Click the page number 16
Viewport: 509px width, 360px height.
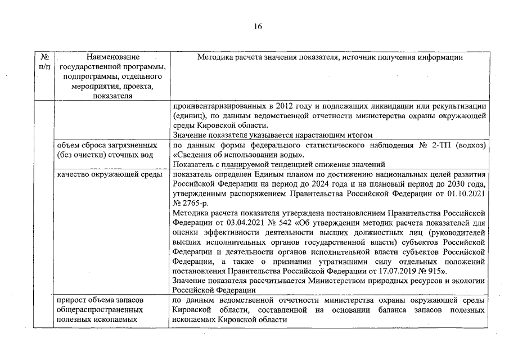[258, 26]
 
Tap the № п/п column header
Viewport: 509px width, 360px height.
[44, 62]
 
